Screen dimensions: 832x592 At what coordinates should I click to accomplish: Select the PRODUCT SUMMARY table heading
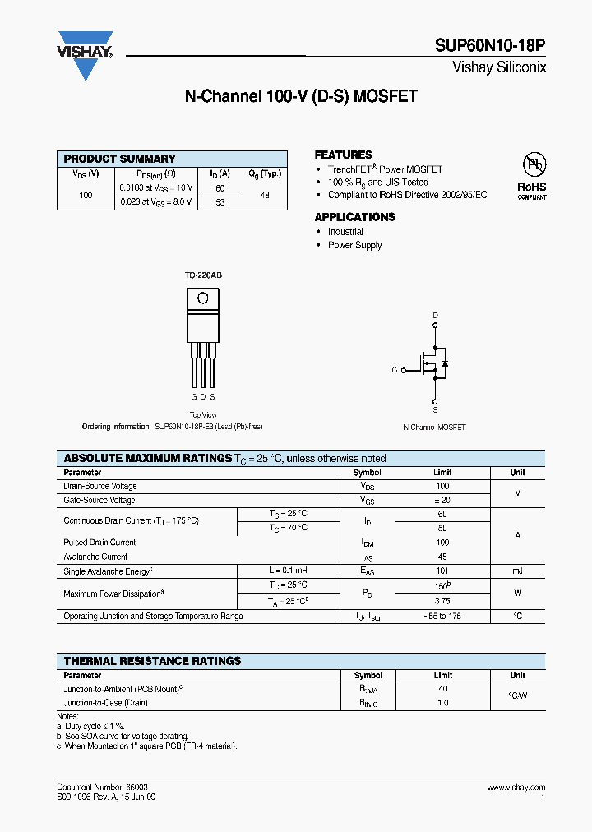pyautogui.click(x=120, y=159)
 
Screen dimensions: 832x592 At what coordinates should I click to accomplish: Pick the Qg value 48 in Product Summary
pyautogui.click(x=264, y=195)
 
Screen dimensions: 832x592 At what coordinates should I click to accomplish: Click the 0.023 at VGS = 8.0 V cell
pyautogui.click(x=156, y=201)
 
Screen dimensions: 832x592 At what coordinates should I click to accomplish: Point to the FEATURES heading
pyautogui.click(x=343, y=155)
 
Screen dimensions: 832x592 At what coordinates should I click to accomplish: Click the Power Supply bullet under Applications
pyautogui.click(x=354, y=245)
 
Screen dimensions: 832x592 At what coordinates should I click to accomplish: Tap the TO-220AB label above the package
pyautogui.click(x=202, y=275)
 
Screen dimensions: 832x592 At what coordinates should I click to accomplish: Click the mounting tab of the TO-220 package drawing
pyautogui.click(x=202, y=299)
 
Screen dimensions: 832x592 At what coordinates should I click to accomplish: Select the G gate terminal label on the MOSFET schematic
pyautogui.click(x=395, y=370)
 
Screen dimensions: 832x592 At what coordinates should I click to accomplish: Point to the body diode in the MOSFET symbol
pyautogui.click(x=444, y=363)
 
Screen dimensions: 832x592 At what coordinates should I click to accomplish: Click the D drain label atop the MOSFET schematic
pyautogui.click(x=435, y=316)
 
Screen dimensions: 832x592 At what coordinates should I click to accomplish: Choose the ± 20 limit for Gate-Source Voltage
pyautogui.click(x=442, y=500)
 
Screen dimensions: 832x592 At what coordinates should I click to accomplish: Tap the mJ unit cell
pyautogui.click(x=517, y=571)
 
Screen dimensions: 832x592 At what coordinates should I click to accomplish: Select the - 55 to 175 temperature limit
pyautogui.click(x=442, y=616)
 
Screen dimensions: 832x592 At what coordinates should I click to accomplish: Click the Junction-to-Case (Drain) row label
pyautogui.click(x=106, y=703)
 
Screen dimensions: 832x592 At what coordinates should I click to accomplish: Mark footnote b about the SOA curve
pyautogui.click(x=123, y=736)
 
